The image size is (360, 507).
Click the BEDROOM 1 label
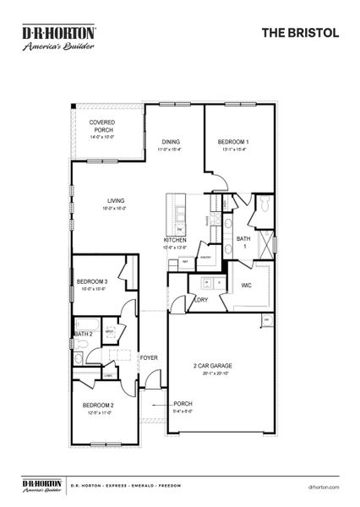click(x=232, y=142)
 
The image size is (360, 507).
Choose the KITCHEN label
click(x=175, y=240)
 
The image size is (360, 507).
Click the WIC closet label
click(x=247, y=285)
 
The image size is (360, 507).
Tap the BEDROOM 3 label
click(x=92, y=281)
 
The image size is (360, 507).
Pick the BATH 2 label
click(x=82, y=335)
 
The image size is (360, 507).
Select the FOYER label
click(x=150, y=357)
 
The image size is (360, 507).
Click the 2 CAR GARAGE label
click(x=213, y=366)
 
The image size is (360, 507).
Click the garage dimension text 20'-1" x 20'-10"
click(x=213, y=373)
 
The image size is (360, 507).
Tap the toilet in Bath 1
click(x=264, y=204)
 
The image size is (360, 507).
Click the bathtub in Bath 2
click(x=87, y=325)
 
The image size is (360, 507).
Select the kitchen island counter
click(x=179, y=215)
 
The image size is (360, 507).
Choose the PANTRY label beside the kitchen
click(x=205, y=258)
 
